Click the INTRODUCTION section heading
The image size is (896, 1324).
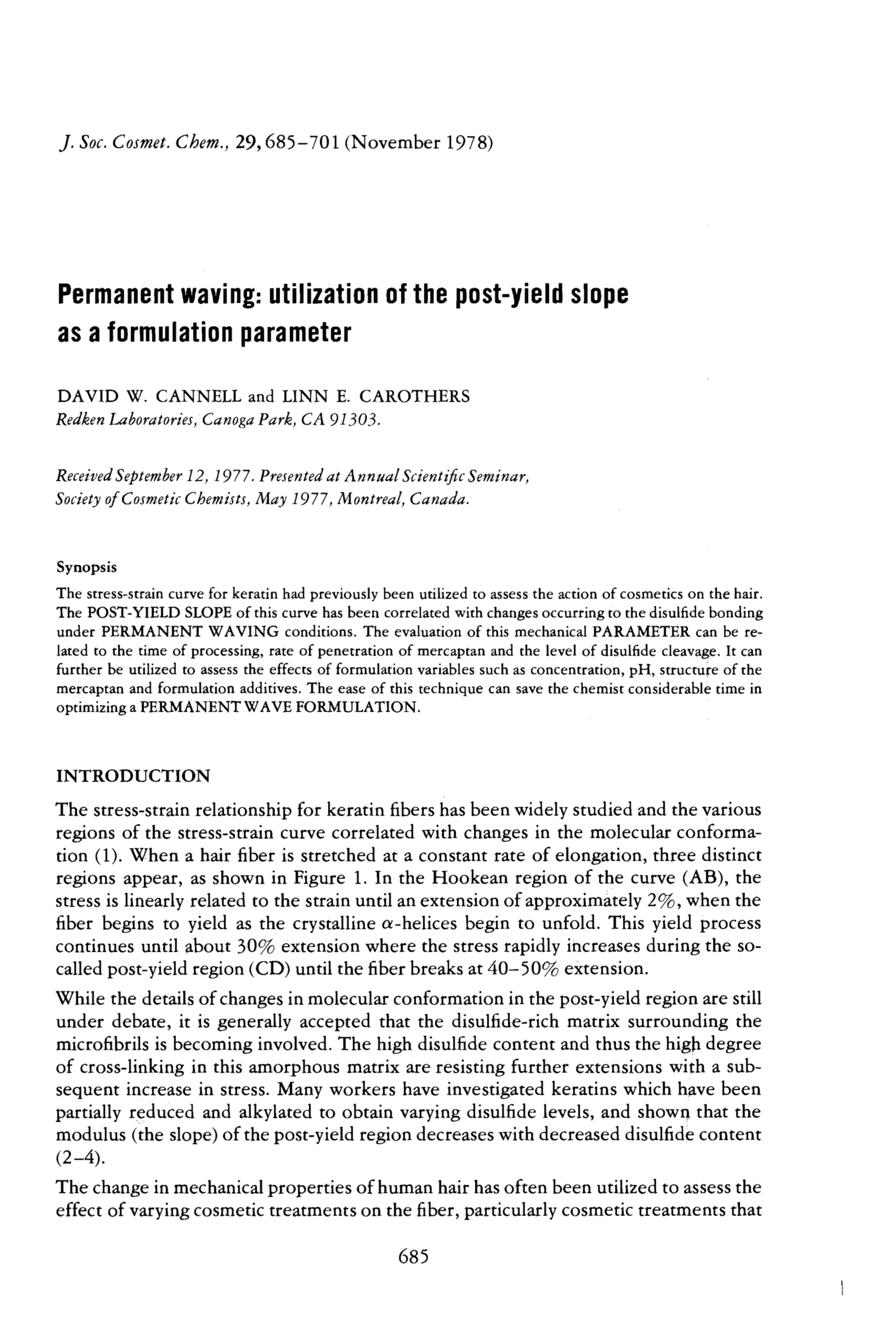coord(133,776)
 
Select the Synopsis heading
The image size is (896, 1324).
coord(87,567)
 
